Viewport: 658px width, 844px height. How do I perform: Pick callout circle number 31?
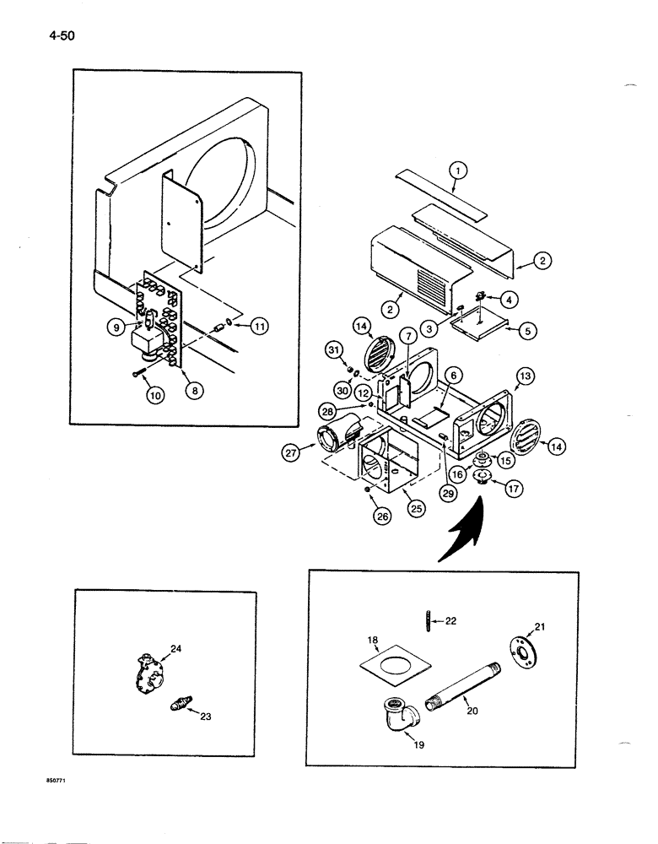tap(336, 351)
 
